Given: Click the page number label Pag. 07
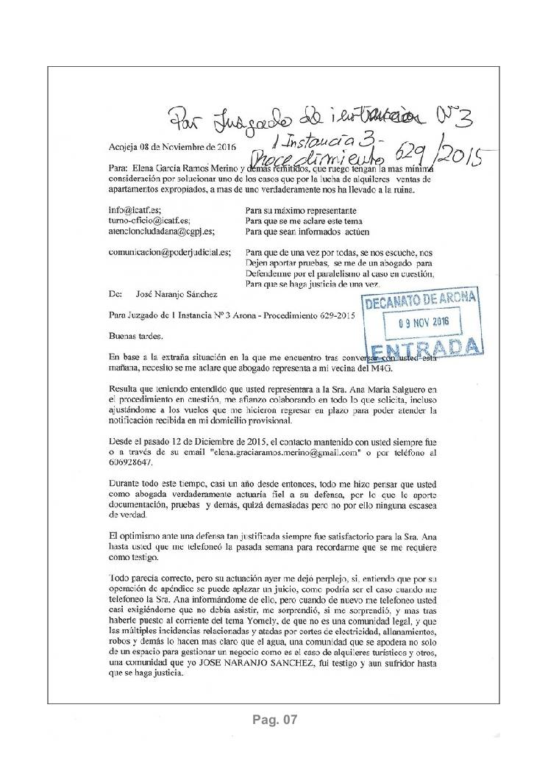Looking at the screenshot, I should click(x=274, y=720).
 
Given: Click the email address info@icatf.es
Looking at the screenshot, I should click(x=135, y=209).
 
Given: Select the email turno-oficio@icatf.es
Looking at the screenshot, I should click(x=149, y=220).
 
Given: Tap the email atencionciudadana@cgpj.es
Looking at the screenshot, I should click(x=161, y=231).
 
